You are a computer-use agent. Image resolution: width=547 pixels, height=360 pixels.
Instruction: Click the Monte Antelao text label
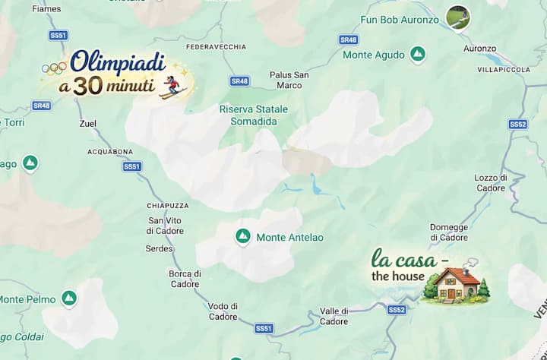tap(289, 238)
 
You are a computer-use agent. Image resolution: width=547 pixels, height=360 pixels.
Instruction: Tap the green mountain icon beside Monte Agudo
tap(417, 54)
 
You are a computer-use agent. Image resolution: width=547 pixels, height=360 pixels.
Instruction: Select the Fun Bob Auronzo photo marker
tap(457, 17)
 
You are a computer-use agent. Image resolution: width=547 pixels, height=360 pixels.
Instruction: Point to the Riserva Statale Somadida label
tap(254, 115)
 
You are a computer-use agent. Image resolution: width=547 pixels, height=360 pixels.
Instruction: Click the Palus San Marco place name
tap(289, 80)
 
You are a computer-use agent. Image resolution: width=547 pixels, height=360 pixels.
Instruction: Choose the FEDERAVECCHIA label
tap(216, 47)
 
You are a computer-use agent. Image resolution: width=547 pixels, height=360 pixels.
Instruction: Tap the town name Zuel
tap(88, 123)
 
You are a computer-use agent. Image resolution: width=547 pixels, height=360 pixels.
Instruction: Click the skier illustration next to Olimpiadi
tap(173, 86)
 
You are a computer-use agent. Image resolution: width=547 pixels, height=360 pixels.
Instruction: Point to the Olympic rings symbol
tap(53, 69)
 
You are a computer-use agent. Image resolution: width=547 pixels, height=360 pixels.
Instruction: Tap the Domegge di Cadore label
tap(449, 232)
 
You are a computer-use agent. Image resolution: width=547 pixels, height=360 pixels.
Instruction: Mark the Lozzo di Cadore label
tap(490, 182)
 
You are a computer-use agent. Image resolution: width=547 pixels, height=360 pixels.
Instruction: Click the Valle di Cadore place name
tap(334, 316)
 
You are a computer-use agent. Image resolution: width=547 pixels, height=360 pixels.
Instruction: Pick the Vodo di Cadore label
tap(223, 311)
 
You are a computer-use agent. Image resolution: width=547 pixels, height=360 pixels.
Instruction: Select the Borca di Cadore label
tap(185, 279)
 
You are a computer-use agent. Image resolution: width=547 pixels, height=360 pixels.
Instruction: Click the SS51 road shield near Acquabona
tap(132, 166)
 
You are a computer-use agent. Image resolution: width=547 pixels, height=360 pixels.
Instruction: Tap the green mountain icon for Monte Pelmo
tap(69, 298)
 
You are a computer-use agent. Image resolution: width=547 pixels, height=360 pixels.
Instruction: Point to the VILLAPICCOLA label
tap(504, 69)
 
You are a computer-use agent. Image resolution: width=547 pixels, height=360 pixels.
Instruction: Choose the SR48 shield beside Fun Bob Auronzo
tap(348, 39)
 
